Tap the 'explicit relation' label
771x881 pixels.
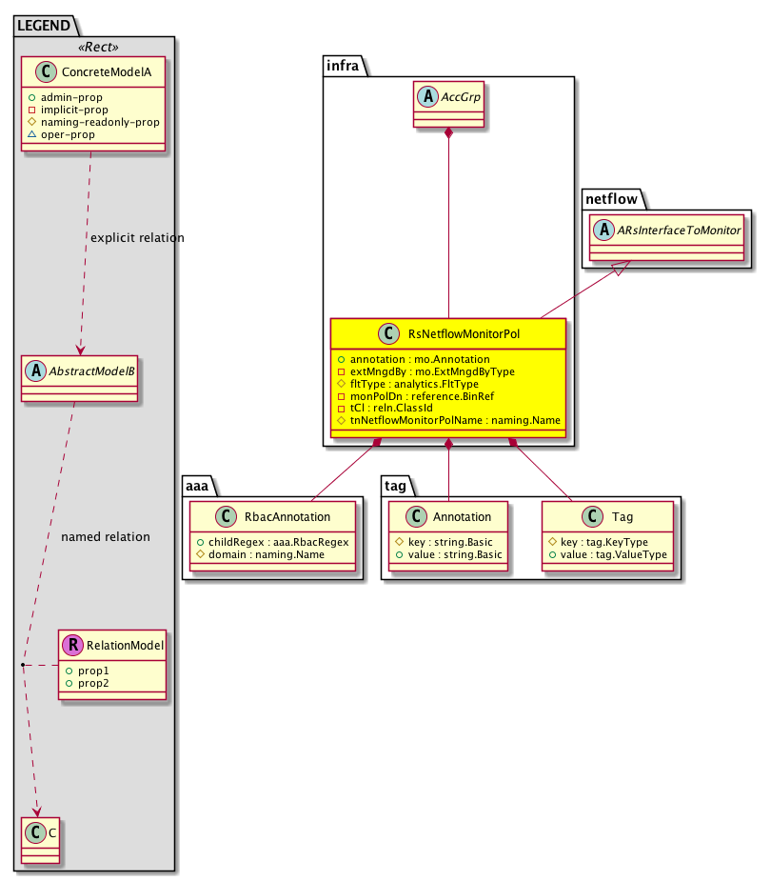pos(135,237)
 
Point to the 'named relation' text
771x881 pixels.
pos(105,537)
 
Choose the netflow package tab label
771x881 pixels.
pos(611,199)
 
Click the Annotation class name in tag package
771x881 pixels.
pos(462,517)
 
